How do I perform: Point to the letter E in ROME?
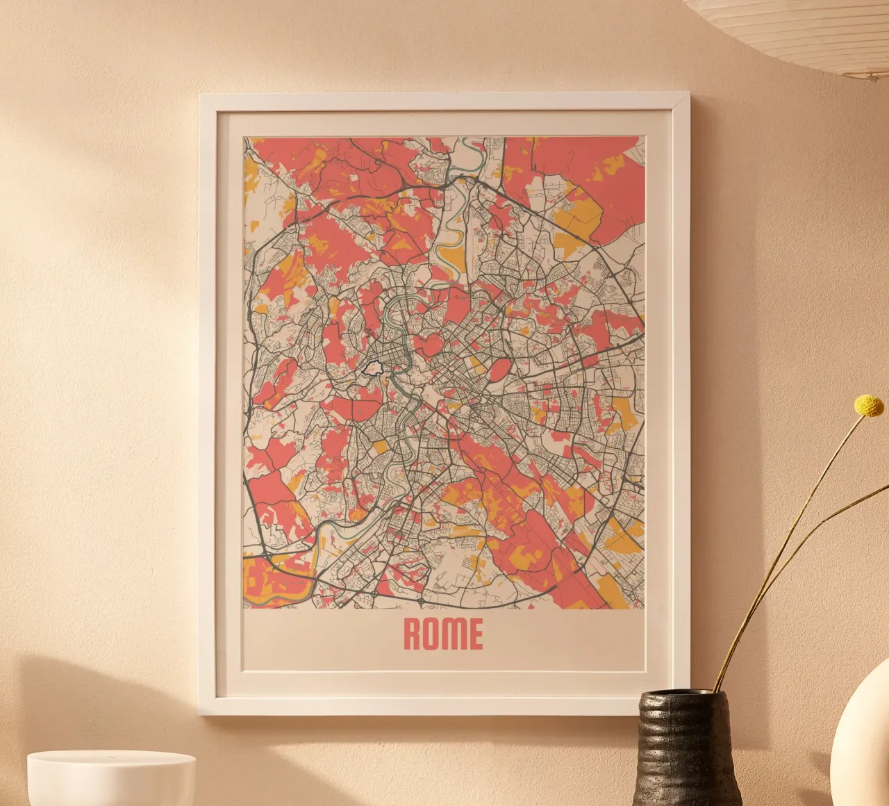(x=475, y=634)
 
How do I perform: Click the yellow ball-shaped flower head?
(x=868, y=405)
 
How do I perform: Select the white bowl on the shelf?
(x=111, y=778)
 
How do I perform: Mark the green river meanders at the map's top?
(x=451, y=229)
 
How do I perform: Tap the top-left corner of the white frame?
(x=203, y=98)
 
